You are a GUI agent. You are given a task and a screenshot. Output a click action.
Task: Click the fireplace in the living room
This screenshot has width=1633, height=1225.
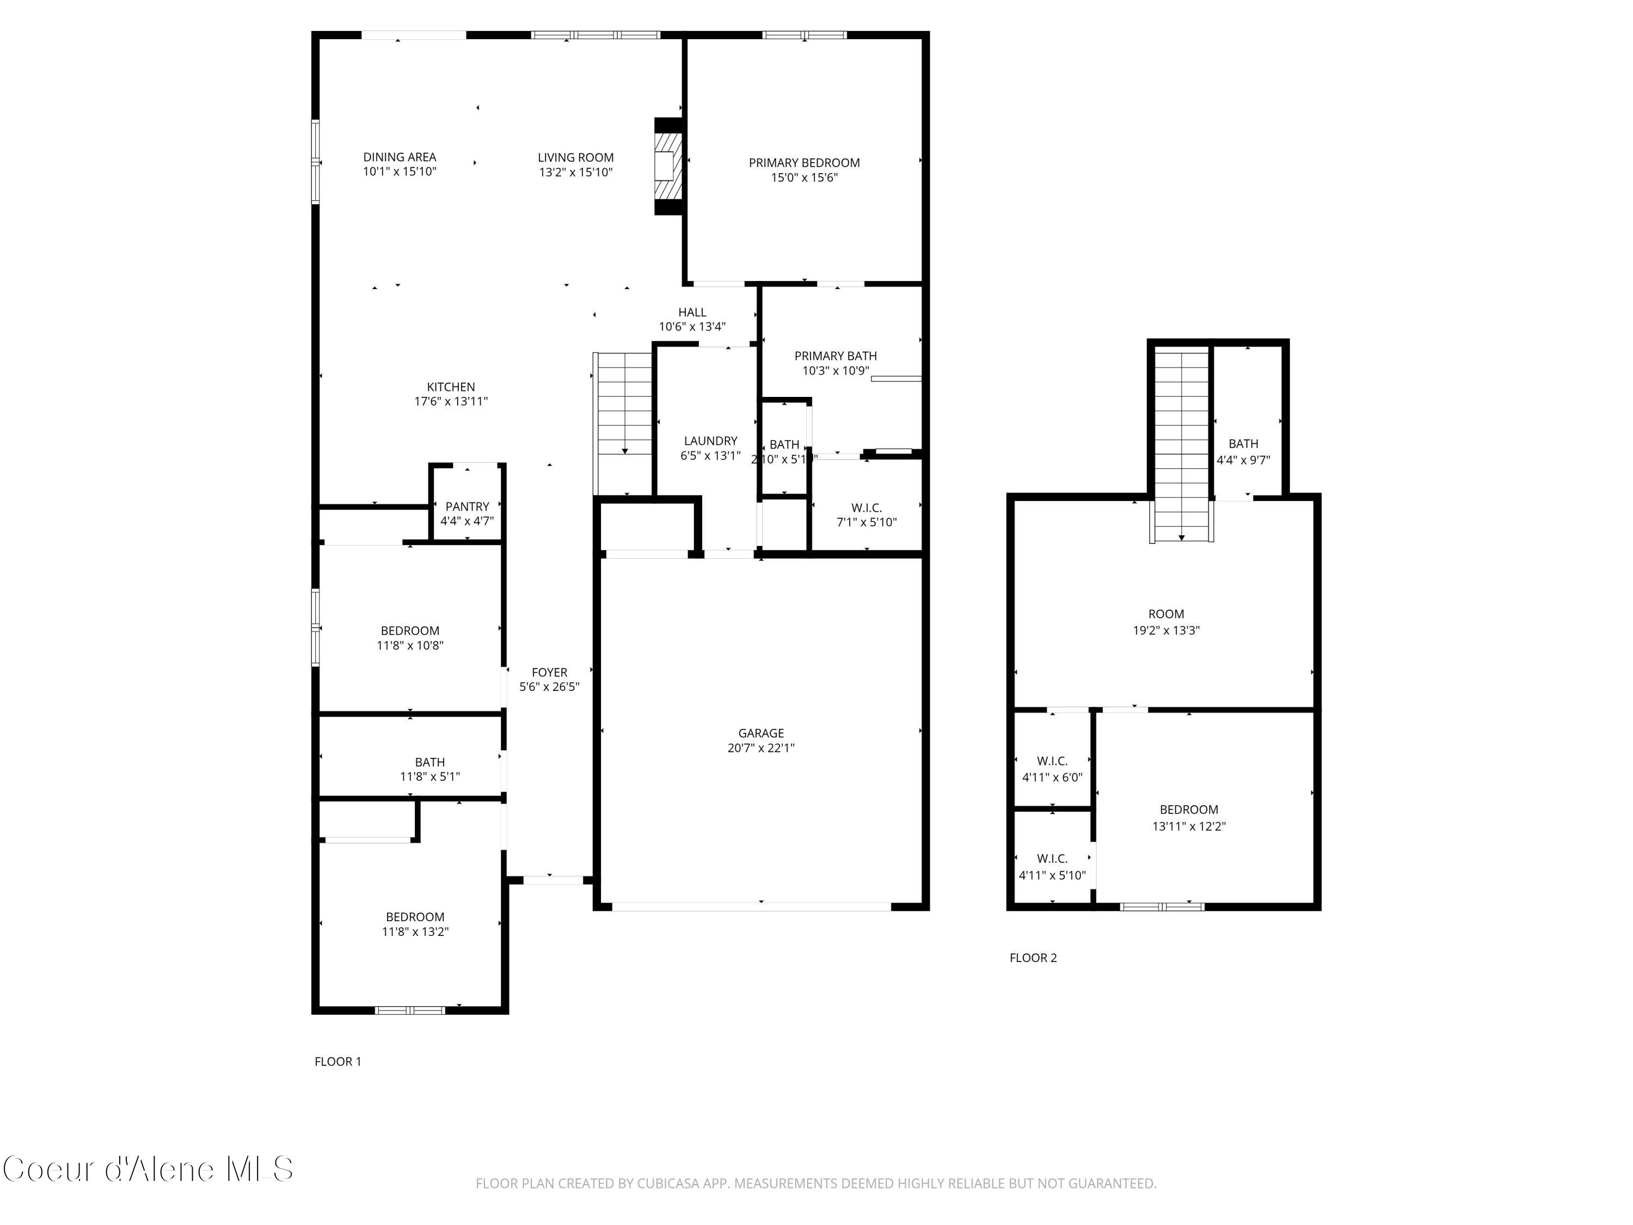coord(668,167)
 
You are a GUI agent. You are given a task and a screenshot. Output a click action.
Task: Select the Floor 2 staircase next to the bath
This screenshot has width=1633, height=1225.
coord(1181,443)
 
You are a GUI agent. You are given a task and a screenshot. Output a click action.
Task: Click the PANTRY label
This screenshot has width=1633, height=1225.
coord(466,506)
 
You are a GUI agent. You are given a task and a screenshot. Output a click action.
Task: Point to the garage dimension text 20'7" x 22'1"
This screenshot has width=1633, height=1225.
coord(760,748)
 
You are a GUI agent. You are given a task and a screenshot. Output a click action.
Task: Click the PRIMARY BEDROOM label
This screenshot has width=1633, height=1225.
coord(804,162)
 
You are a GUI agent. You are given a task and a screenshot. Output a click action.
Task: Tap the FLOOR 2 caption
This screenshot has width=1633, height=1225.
coord(1033,958)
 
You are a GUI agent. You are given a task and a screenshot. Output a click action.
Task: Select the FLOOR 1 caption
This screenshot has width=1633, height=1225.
coord(337,1061)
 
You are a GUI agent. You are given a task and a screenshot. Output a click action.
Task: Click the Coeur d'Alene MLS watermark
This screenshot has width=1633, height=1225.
coord(148,1169)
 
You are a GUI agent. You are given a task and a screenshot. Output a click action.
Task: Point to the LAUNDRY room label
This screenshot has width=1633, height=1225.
coord(710,441)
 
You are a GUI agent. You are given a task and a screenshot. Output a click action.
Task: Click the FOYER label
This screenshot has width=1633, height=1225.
coord(549,672)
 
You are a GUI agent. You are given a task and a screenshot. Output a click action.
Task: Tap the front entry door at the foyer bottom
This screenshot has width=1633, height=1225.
coord(553,879)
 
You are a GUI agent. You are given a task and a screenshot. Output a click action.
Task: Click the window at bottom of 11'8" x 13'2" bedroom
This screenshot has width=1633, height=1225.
coord(410,1009)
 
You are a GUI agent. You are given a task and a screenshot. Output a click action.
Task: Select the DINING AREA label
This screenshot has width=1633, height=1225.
coord(400,157)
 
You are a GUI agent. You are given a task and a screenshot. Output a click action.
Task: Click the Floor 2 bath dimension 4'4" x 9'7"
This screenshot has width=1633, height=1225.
coord(1243,460)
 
